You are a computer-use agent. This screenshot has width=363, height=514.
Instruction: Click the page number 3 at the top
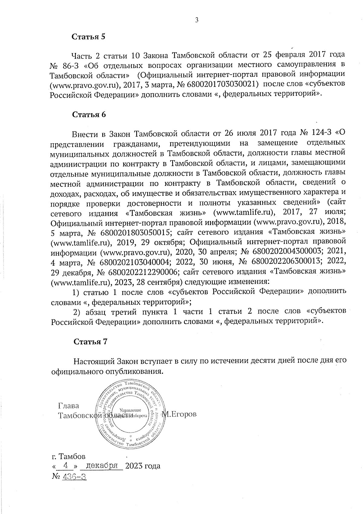point(197,20)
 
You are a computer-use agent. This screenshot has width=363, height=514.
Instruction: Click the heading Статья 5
point(88,37)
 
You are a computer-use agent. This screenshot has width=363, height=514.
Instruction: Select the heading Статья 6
point(89,115)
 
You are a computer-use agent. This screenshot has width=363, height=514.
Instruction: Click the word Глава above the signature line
point(68,406)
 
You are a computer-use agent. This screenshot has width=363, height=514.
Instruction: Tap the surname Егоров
point(182,414)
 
